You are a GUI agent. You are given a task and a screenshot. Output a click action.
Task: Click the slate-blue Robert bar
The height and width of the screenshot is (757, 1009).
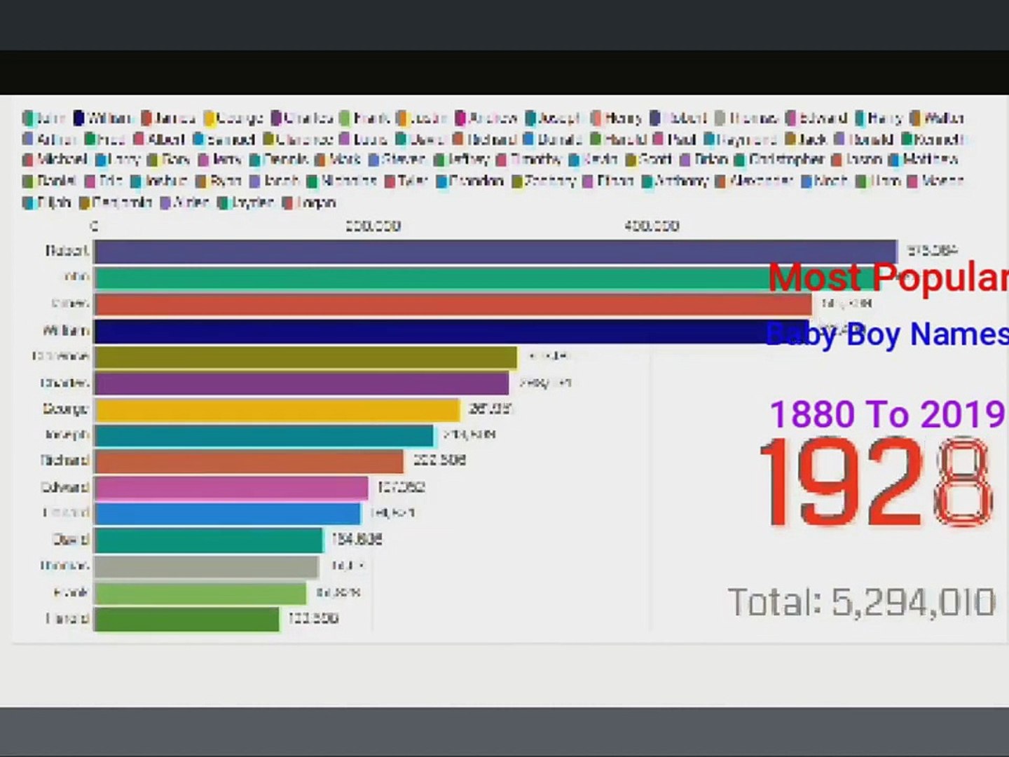point(495,252)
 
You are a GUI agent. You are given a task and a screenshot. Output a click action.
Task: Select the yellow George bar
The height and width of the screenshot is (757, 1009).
point(277,409)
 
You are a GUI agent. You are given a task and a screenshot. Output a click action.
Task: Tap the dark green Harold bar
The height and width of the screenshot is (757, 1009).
point(186,619)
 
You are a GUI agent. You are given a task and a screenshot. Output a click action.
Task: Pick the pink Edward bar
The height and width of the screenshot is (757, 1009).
point(231,488)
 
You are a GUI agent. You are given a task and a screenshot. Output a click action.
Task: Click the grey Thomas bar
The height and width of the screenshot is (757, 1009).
point(206,566)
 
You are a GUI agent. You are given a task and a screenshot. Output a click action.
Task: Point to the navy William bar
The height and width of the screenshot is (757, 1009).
point(441,331)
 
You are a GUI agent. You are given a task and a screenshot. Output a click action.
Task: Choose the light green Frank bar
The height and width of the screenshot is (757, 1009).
point(200,593)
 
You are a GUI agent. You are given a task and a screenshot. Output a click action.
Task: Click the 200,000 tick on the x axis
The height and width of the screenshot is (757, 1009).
point(373,226)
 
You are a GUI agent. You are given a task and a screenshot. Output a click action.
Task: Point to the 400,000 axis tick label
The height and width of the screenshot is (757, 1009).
point(652,226)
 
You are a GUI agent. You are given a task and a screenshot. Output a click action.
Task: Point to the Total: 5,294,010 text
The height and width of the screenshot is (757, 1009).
point(861,601)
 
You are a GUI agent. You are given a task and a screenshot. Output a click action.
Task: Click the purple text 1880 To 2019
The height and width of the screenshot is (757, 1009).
point(888,414)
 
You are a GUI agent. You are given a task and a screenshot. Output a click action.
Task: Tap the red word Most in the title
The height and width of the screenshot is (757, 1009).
point(814,277)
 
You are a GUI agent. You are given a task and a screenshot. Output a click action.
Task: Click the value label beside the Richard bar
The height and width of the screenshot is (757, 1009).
point(439,461)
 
